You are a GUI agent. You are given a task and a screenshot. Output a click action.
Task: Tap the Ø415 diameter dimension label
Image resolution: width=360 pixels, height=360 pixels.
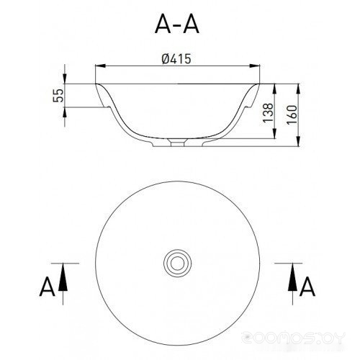pos(176,58)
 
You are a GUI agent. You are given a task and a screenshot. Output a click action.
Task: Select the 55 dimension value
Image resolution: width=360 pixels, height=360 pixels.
pos(58,96)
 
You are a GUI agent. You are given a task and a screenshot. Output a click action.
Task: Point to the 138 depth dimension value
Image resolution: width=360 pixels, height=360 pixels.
pos(268,112)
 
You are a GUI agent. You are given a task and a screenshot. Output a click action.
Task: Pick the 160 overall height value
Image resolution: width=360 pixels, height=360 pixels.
pos(292,114)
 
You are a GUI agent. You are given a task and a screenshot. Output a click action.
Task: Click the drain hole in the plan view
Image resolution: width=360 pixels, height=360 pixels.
pos(177,263)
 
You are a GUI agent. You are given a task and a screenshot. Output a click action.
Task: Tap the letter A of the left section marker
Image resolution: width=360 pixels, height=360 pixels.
pos(47,287)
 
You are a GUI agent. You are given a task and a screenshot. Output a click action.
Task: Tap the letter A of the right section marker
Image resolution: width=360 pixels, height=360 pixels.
pos(307,287)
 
